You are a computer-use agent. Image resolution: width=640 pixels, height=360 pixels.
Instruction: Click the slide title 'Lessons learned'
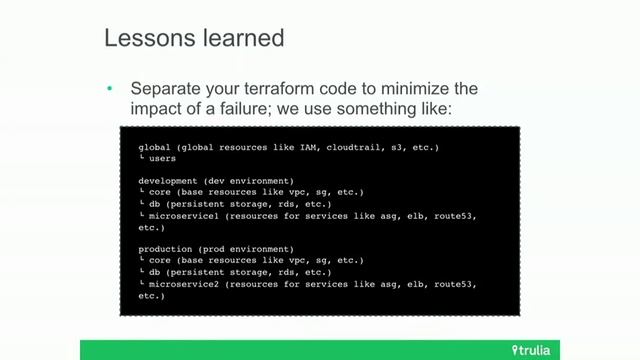tap(194, 39)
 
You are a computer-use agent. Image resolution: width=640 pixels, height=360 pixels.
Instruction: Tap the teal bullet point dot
tap(110, 88)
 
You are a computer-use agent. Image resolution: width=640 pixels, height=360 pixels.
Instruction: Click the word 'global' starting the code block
tap(153, 147)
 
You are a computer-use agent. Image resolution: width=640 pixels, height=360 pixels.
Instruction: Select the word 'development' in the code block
tap(166, 180)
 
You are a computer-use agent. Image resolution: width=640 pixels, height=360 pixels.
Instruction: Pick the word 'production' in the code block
tap(163, 248)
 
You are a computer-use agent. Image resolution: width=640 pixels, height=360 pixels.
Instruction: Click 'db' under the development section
tap(153, 203)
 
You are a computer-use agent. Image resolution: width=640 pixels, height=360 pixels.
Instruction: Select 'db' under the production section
tap(153, 272)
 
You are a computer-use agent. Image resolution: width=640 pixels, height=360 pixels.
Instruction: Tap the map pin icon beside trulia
tap(515, 349)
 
